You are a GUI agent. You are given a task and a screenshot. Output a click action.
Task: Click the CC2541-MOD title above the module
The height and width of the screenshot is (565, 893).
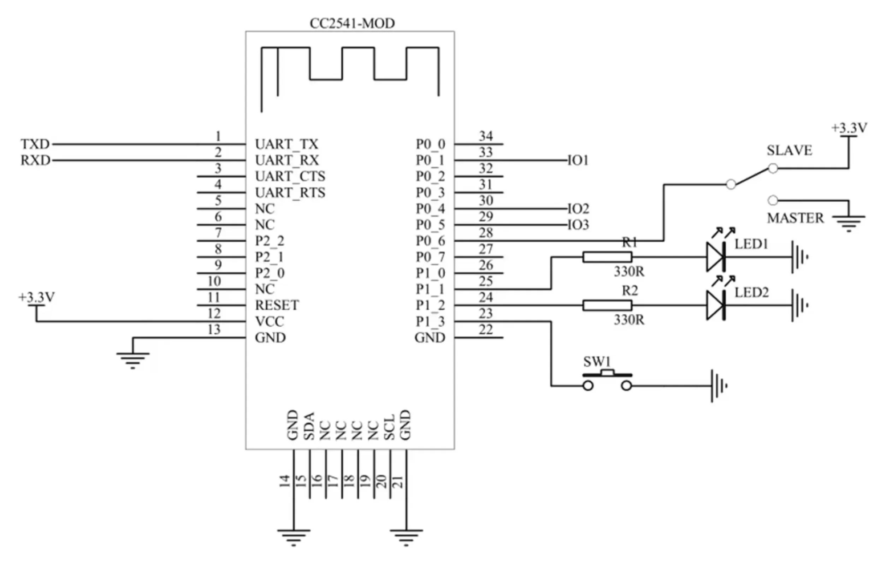tap(352, 23)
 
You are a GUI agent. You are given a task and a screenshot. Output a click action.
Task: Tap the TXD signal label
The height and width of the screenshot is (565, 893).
tap(35, 144)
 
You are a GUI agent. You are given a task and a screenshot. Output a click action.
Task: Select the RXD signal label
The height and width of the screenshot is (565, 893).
tap(35, 160)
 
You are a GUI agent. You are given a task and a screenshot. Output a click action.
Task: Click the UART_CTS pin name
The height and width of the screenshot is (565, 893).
tap(290, 176)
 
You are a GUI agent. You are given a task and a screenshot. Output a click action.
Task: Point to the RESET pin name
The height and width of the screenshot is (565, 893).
tap(277, 305)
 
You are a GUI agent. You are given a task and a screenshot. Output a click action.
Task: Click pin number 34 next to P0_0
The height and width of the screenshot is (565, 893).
tap(486, 136)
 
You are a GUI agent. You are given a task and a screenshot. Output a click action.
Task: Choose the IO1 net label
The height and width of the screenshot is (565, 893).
tap(578, 160)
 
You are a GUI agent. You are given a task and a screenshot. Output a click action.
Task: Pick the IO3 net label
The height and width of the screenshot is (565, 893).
tap(578, 225)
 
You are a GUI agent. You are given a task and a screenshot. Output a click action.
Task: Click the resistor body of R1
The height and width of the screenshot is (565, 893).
tap(607, 257)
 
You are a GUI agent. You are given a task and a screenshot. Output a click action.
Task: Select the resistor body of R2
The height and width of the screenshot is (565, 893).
tap(607, 305)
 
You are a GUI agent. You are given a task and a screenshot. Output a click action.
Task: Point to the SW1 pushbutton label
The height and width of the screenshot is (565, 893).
tap(597, 361)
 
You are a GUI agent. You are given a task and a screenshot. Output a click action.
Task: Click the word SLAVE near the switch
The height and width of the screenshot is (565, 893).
tap(789, 150)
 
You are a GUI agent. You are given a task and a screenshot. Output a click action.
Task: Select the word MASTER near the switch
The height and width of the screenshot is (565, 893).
tap(795, 218)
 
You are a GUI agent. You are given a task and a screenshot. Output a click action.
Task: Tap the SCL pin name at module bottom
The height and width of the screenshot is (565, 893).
tap(389, 427)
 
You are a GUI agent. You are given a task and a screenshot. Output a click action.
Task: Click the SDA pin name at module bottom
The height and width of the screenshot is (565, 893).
tap(309, 426)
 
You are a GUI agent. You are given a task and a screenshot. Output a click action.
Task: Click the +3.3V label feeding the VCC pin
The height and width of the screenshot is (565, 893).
tap(37, 297)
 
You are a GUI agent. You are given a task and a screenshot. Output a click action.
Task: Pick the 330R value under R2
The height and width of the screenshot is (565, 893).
tap(629, 320)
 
